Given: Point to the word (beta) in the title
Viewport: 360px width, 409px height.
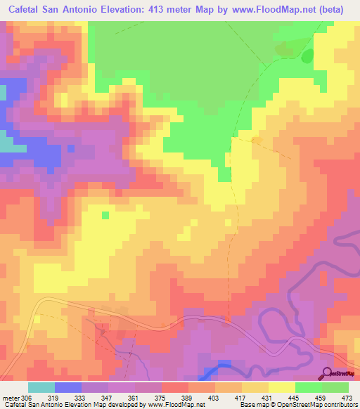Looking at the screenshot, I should pos(334,9).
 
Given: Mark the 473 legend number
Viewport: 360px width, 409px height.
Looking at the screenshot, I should pos(347,397).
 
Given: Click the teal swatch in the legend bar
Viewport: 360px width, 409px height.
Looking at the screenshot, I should pos(41,387).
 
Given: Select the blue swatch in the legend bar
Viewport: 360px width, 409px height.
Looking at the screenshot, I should pos(67,387).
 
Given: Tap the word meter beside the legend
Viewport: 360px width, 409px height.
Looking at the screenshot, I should pos(10,397).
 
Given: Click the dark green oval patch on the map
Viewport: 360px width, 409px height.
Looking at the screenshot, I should pos(307,56).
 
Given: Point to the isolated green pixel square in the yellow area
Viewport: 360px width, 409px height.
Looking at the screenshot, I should pos(105,215).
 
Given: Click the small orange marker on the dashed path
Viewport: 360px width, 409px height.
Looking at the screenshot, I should pos(257,141).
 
